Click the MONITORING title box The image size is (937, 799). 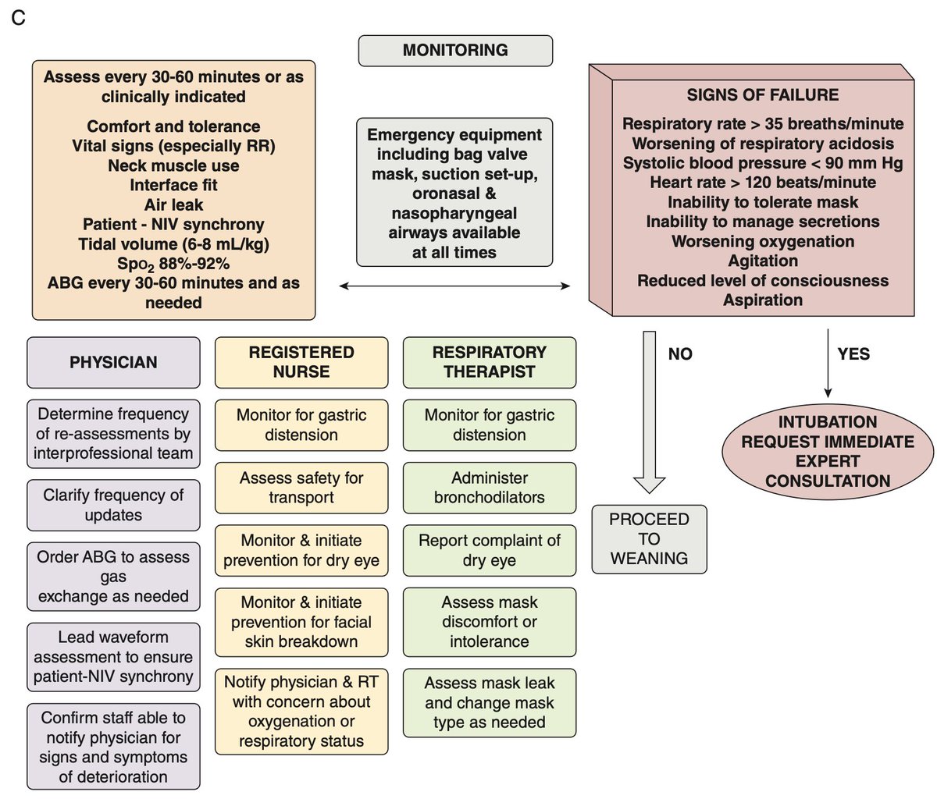pyautogui.click(x=455, y=51)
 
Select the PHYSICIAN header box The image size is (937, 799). pyautogui.click(x=113, y=363)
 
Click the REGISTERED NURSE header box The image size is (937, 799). pyautogui.click(x=301, y=363)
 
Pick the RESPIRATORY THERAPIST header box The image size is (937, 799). pyautogui.click(x=490, y=363)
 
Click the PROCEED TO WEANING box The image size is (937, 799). pyautogui.click(x=650, y=539)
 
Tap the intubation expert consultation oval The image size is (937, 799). pyautogui.click(x=828, y=451)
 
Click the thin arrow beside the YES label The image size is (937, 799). pyautogui.click(x=828, y=367)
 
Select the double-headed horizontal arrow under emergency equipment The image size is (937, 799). pyautogui.click(x=455, y=287)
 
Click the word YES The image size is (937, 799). pyautogui.click(x=853, y=354)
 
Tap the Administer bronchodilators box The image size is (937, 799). pyautogui.click(x=490, y=488)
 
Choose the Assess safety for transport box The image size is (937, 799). pyautogui.click(x=301, y=488)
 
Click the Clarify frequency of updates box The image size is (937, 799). pyautogui.click(x=113, y=505)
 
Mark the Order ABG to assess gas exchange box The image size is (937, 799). pyautogui.click(x=113, y=577)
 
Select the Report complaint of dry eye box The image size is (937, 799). pyautogui.click(x=490, y=550)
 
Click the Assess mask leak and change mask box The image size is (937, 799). pyautogui.click(x=490, y=702)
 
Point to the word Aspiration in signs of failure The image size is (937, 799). pyautogui.click(x=762, y=300)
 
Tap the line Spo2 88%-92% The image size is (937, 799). pyautogui.click(x=173, y=264)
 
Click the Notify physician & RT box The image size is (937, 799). pyautogui.click(x=301, y=712)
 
